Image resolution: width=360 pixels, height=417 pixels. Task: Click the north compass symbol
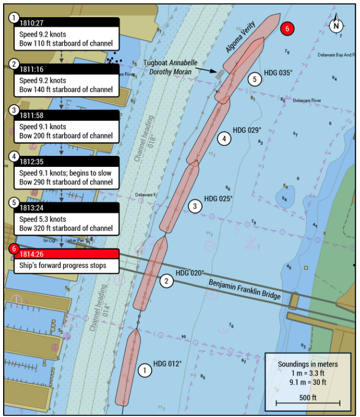(337, 23)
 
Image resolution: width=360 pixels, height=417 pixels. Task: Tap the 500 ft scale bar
(307, 402)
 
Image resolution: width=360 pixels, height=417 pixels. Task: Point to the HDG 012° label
(167, 363)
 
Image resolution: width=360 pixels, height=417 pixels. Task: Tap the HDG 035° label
(278, 72)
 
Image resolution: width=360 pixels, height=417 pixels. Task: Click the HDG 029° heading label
(247, 130)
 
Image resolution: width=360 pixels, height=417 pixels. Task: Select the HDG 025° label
(218, 199)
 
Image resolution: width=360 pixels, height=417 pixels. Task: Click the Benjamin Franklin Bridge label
(244, 289)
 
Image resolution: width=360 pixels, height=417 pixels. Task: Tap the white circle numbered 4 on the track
(224, 139)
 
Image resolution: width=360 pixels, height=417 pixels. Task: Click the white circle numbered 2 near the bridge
(166, 281)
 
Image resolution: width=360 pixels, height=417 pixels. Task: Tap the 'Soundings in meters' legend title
(307, 364)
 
